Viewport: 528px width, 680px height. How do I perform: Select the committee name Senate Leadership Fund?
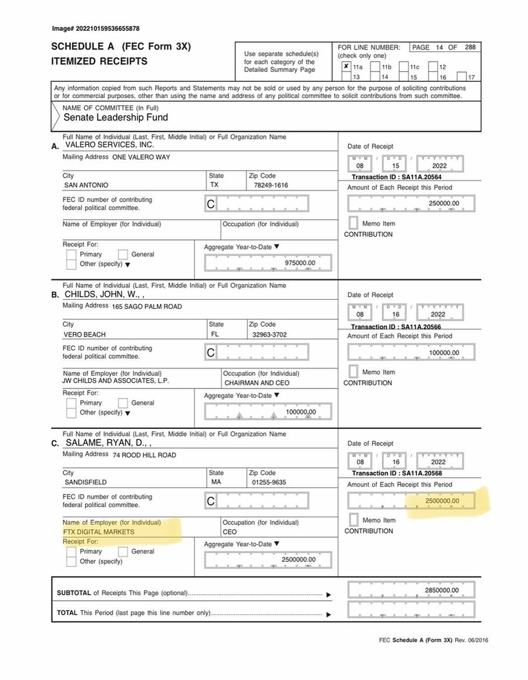(x=116, y=117)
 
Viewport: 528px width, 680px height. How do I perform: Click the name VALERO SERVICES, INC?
(x=110, y=145)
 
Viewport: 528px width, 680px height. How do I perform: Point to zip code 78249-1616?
(x=271, y=185)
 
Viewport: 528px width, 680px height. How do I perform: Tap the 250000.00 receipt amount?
(x=444, y=203)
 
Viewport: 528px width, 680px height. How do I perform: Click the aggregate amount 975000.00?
(x=299, y=263)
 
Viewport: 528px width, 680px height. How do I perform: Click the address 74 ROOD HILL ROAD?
(x=144, y=455)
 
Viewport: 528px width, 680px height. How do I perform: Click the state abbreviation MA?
(x=215, y=482)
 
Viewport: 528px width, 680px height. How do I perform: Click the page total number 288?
(x=470, y=47)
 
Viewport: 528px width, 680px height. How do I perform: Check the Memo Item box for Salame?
(x=352, y=520)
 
